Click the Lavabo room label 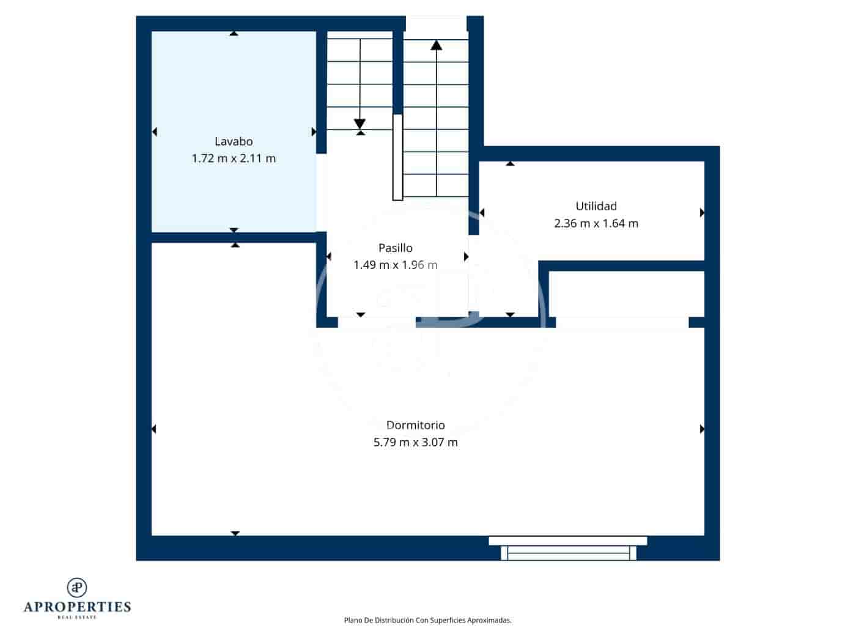(234, 141)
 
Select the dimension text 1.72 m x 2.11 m (234, 158)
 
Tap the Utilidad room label (596, 206)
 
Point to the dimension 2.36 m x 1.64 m (596, 223)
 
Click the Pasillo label (395, 248)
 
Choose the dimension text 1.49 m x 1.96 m (395, 265)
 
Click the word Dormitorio (415, 425)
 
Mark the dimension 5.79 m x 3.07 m (415, 442)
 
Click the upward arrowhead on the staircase (436, 45)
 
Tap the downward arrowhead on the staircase (360, 124)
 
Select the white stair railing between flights (397, 157)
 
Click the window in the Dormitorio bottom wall (568, 548)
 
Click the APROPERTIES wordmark (77, 607)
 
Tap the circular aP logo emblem (77, 587)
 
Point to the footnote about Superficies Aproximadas (427, 620)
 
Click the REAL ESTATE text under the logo (77, 618)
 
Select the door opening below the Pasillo (377, 322)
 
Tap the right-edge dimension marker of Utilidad (702, 213)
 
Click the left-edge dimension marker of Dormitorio (153, 429)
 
